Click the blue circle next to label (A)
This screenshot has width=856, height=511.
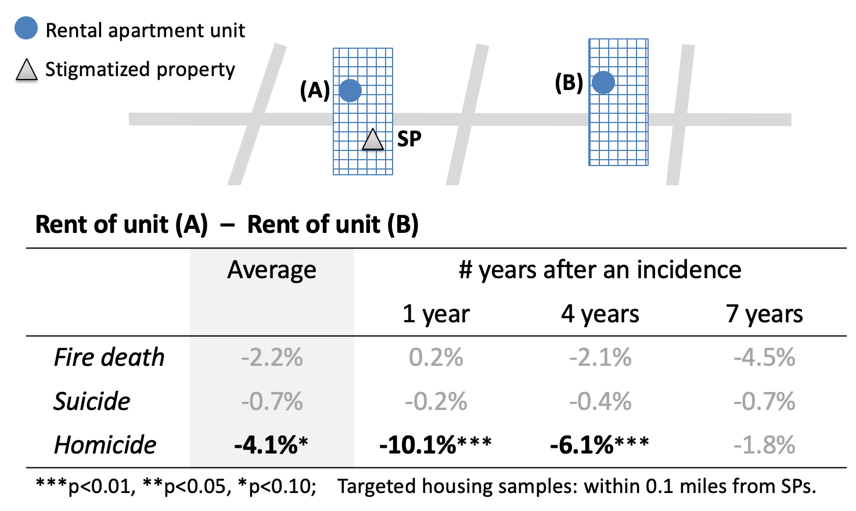point(350,91)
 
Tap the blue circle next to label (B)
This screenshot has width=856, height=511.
point(603,82)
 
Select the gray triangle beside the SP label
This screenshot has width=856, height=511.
point(373,141)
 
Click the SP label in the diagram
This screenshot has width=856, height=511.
point(409,139)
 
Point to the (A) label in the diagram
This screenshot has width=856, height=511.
point(315,91)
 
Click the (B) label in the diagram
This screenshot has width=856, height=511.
point(569,83)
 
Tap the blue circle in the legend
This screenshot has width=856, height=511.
point(26,28)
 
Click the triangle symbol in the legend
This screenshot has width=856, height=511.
point(26,70)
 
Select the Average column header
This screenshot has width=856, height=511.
point(272,270)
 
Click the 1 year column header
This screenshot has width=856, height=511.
point(436,314)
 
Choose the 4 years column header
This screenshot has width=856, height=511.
point(600,314)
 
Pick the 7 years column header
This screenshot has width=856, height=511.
point(764,314)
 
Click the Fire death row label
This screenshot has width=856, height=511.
point(109,358)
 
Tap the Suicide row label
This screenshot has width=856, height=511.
point(92,402)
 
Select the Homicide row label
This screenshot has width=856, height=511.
point(105,445)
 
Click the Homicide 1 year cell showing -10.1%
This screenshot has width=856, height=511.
point(435,445)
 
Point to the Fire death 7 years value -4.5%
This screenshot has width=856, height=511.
point(764,358)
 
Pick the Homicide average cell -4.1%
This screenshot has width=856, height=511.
point(271,445)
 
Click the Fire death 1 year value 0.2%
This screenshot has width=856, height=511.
point(436,358)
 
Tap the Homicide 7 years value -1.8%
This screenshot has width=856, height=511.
point(764,445)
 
